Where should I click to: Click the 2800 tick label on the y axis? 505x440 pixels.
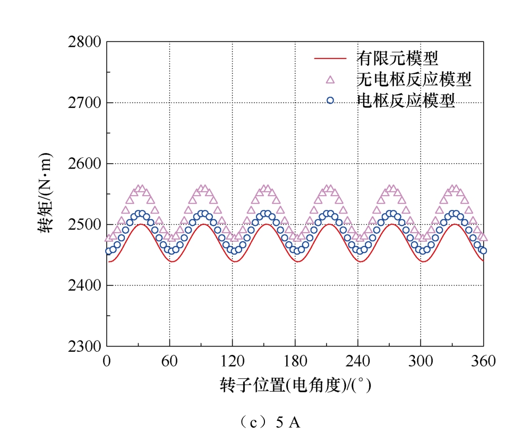(x=84, y=42)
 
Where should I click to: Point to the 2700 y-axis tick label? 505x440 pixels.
(x=84, y=103)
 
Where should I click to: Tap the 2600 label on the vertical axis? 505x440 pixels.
(x=84, y=164)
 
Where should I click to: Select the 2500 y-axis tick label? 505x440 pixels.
(x=84, y=225)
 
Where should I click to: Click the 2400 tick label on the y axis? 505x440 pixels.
(x=84, y=285)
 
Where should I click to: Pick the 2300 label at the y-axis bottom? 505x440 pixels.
(x=84, y=346)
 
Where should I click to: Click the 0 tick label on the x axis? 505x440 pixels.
(x=107, y=361)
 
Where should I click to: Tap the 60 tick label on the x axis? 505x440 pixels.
(x=169, y=361)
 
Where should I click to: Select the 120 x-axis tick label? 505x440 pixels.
(x=232, y=361)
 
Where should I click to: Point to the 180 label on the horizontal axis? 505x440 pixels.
(x=295, y=361)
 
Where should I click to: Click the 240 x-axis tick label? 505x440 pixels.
(x=358, y=361)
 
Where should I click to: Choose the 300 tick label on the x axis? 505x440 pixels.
(x=421, y=361)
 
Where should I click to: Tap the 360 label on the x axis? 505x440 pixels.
(x=483, y=361)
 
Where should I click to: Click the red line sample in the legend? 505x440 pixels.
(x=330, y=58)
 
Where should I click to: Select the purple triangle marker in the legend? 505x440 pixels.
(x=330, y=80)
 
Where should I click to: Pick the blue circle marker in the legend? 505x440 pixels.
(x=330, y=100)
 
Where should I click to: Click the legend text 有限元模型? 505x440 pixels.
(x=397, y=58)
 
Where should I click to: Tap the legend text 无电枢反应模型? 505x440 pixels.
(x=414, y=79)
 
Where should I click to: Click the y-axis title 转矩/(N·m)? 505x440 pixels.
(x=45, y=193)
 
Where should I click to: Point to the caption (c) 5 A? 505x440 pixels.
(x=270, y=422)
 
